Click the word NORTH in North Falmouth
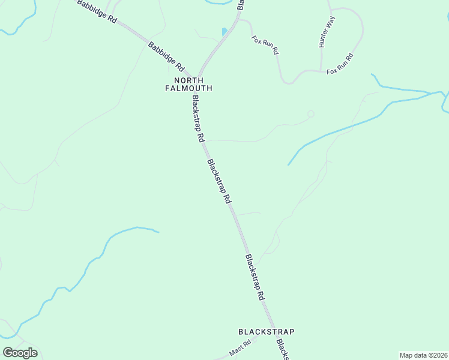(x=188, y=80)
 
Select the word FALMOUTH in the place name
(x=188, y=88)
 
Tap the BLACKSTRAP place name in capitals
(x=267, y=331)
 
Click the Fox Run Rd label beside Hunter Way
(x=340, y=64)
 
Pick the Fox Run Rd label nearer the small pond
(x=265, y=45)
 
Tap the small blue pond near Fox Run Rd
(x=224, y=31)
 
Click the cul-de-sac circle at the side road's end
(x=310, y=114)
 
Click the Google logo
(x=20, y=353)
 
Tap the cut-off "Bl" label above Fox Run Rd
(x=240, y=5)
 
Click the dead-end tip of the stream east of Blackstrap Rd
(x=288, y=165)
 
